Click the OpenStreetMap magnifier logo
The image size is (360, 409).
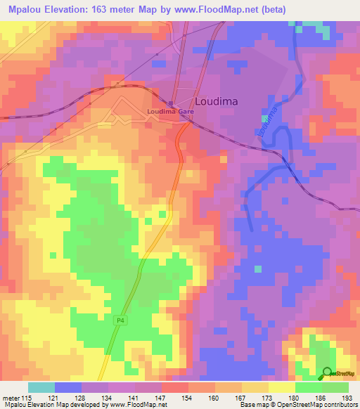click(x=328, y=373)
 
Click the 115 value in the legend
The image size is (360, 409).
click(x=27, y=398)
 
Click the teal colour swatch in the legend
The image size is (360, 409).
click(x=41, y=387)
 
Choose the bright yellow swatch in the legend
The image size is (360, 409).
click(x=281, y=387)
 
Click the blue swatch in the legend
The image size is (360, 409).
click(x=67, y=387)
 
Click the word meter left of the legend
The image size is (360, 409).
click(x=11, y=398)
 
